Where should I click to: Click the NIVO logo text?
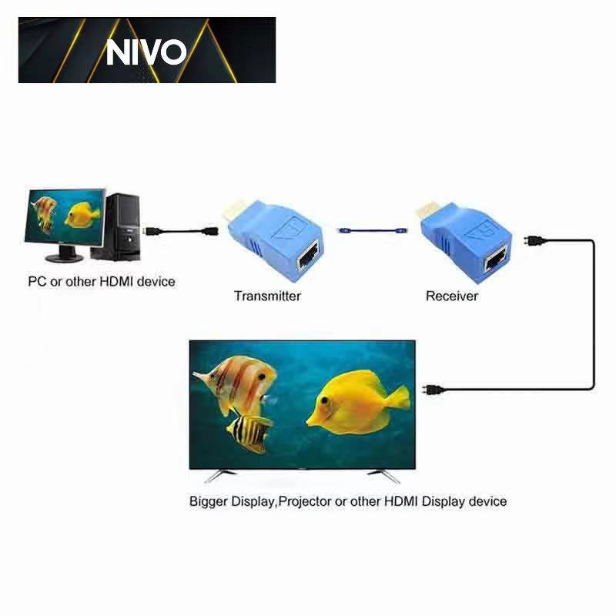(146, 52)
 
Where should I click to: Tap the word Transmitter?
(267, 296)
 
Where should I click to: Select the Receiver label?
(452, 296)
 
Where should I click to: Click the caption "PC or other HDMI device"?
(102, 281)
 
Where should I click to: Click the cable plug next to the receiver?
(531, 240)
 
